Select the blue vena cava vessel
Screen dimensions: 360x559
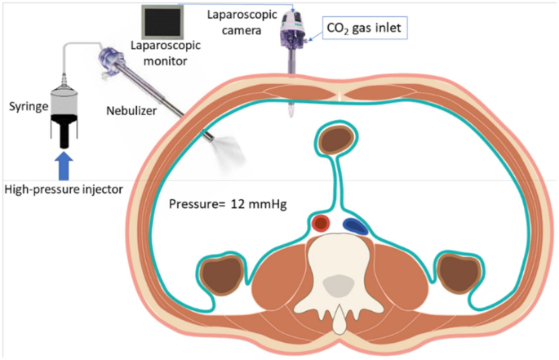click(x=354, y=225)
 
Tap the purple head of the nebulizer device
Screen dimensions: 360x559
click(x=110, y=58)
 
